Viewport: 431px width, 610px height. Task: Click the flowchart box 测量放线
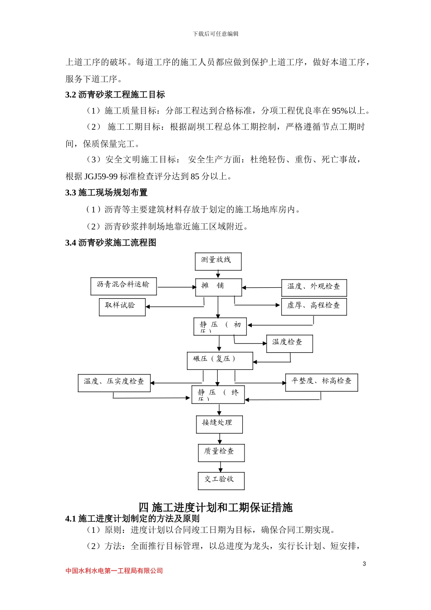pyautogui.click(x=218, y=261)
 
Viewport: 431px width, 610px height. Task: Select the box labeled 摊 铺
pyautogui.click(x=218, y=287)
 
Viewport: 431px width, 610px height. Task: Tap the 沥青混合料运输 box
pyautogui.click(x=123, y=286)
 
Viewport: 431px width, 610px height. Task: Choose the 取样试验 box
pyautogui.click(x=122, y=307)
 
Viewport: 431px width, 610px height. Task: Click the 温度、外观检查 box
pyautogui.click(x=313, y=288)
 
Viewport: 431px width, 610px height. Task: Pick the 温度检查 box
pyautogui.click(x=289, y=344)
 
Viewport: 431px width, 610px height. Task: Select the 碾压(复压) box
pyautogui.click(x=220, y=361)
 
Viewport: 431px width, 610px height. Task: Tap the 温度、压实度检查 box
pyautogui.click(x=114, y=383)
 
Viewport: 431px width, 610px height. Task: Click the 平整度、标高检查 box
pyautogui.click(x=321, y=383)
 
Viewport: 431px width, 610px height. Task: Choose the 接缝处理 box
pyautogui.click(x=219, y=424)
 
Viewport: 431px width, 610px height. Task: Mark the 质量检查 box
pyautogui.click(x=221, y=453)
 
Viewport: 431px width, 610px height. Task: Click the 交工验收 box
pyautogui.click(x=221, y=481)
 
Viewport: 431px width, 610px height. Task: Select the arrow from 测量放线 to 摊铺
pyautogui.click(x=218, y=274)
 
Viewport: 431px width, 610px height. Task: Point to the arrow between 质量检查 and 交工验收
pyautogui.click(x=220, y=467)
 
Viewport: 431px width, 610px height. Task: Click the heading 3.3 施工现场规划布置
pyautogui.click(x=106, y=193)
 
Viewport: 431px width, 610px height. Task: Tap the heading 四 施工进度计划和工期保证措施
pyautogui.click(x=215, y=507)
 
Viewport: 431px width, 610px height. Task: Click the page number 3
pyautogui.click(x=364, y=564)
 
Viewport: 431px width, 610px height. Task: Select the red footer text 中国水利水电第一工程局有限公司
pyautogui.click(x=114, y=571)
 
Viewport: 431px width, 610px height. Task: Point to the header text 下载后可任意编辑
pyautogui.click(x=215, y=34)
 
